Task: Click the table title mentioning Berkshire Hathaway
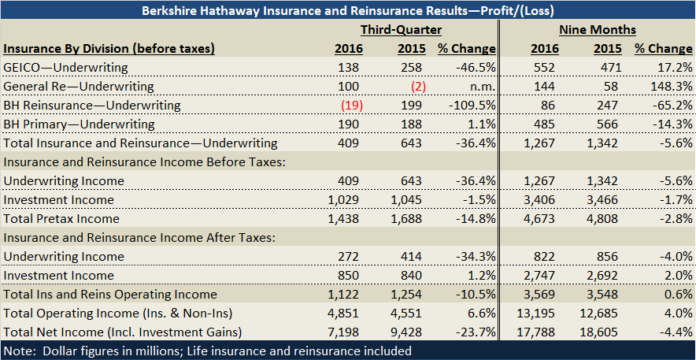click(348, 11)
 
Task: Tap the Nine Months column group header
click(597, 30)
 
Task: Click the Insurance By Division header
click(109, 49)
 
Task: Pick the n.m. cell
click(480, 87)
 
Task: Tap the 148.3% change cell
click(666, 87)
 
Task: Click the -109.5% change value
click(472, 106)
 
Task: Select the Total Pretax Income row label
click(61, 219)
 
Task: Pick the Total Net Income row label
click(122, 332)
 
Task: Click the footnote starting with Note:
click(207, 351)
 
